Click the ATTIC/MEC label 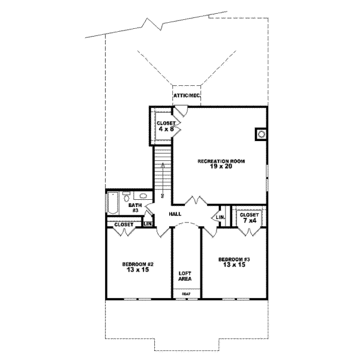point(186,96)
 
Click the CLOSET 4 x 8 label point(165,125)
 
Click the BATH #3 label point(134,208)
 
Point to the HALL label point(175,214)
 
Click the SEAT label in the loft point(186,293)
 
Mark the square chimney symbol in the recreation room point(260,134)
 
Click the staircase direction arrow point(161,180)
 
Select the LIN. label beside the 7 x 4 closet point(220,217)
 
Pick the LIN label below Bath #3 point(148,224)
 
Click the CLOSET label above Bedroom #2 point(124,224)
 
